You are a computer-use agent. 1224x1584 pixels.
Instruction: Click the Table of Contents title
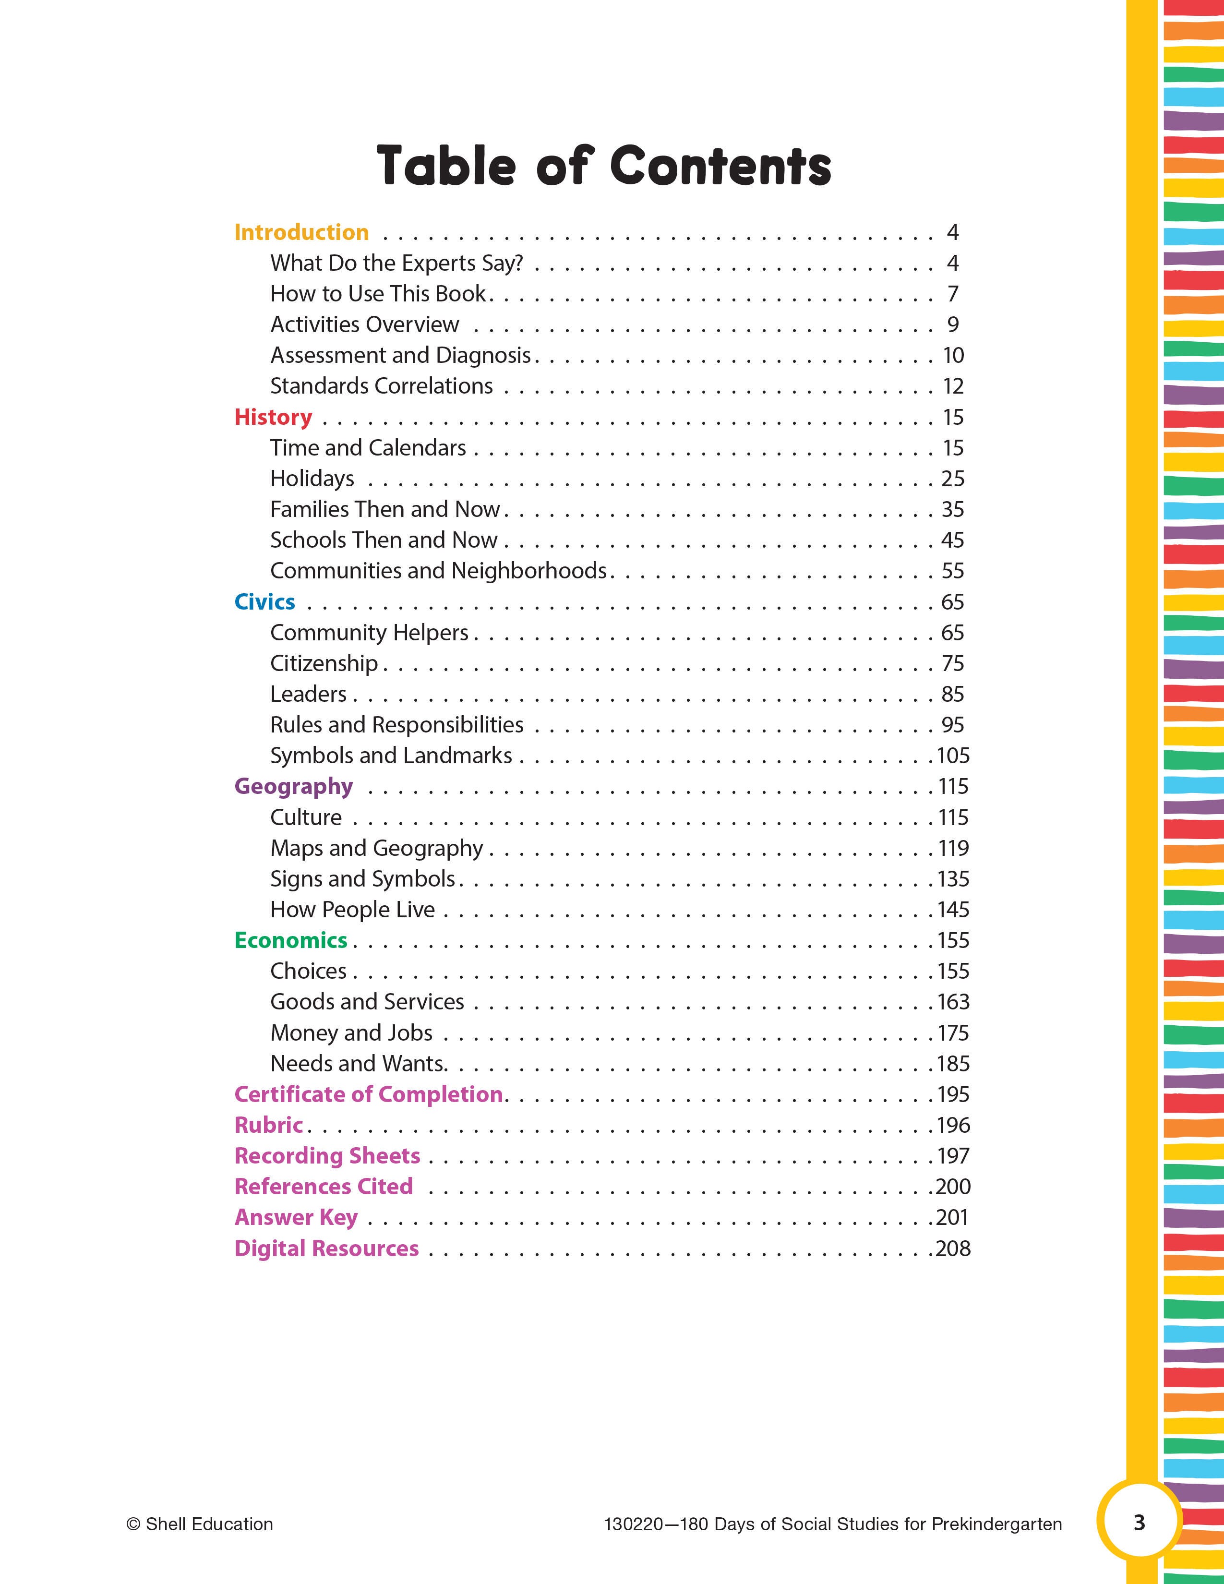(x=603, y=166)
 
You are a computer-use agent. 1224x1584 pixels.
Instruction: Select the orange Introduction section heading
(x=301, y=232)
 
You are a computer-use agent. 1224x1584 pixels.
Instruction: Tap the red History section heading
(x=274, y=417)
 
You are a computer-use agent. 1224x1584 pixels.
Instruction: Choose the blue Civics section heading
(x=264, y=602)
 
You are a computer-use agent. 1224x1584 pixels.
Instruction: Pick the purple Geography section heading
(x=294, y=787)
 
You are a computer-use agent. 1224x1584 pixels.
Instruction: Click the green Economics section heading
(x=291, y=941)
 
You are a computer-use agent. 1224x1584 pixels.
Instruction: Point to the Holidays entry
(x=312, y=479)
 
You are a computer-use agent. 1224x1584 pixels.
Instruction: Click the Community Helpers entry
(x=369, y=633)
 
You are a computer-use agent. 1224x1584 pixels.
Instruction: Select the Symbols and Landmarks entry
(x=391, y=756)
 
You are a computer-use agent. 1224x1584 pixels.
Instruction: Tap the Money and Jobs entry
(x=351, y=1033)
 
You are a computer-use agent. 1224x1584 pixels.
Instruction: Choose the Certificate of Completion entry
(x=368, y=1094)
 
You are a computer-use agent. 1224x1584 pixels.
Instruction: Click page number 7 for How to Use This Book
(x=953, y=294)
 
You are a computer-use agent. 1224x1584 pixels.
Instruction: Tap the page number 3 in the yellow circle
(x=1139, y=1523)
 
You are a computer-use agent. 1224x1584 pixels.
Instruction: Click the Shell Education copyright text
(x=200, y=1524)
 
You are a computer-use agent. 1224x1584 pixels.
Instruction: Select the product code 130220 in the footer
(x=633, y=1524)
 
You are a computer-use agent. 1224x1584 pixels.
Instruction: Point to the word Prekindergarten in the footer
(x=996, y=1524)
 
